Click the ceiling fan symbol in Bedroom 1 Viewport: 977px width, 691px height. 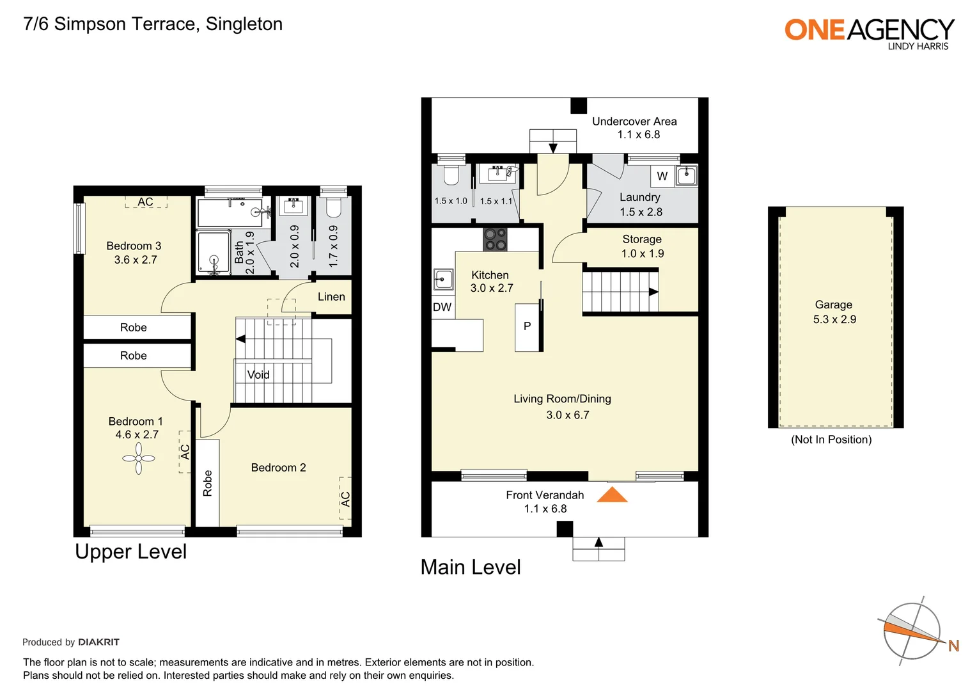139,459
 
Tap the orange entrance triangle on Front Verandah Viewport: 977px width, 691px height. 612,495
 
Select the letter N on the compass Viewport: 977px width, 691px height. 953,646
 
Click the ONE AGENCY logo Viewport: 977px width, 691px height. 869,32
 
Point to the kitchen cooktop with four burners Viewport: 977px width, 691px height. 495,240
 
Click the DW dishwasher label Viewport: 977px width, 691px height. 442,307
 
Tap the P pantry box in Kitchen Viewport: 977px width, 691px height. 528,326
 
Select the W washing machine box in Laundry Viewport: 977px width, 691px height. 662,176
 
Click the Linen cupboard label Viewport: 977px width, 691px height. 331,297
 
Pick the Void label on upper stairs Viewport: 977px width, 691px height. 258,375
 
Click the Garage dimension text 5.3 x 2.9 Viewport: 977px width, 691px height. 834,319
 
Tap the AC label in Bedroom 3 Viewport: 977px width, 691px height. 146,202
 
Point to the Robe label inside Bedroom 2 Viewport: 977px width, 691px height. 208,483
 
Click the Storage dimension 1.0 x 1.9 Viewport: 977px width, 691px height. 642,253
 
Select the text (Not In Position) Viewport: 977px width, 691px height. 831,440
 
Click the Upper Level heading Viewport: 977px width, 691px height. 131,552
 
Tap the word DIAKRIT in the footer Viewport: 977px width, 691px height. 98,642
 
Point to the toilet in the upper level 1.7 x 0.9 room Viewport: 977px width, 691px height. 333,207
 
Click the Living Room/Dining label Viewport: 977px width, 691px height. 562,399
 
